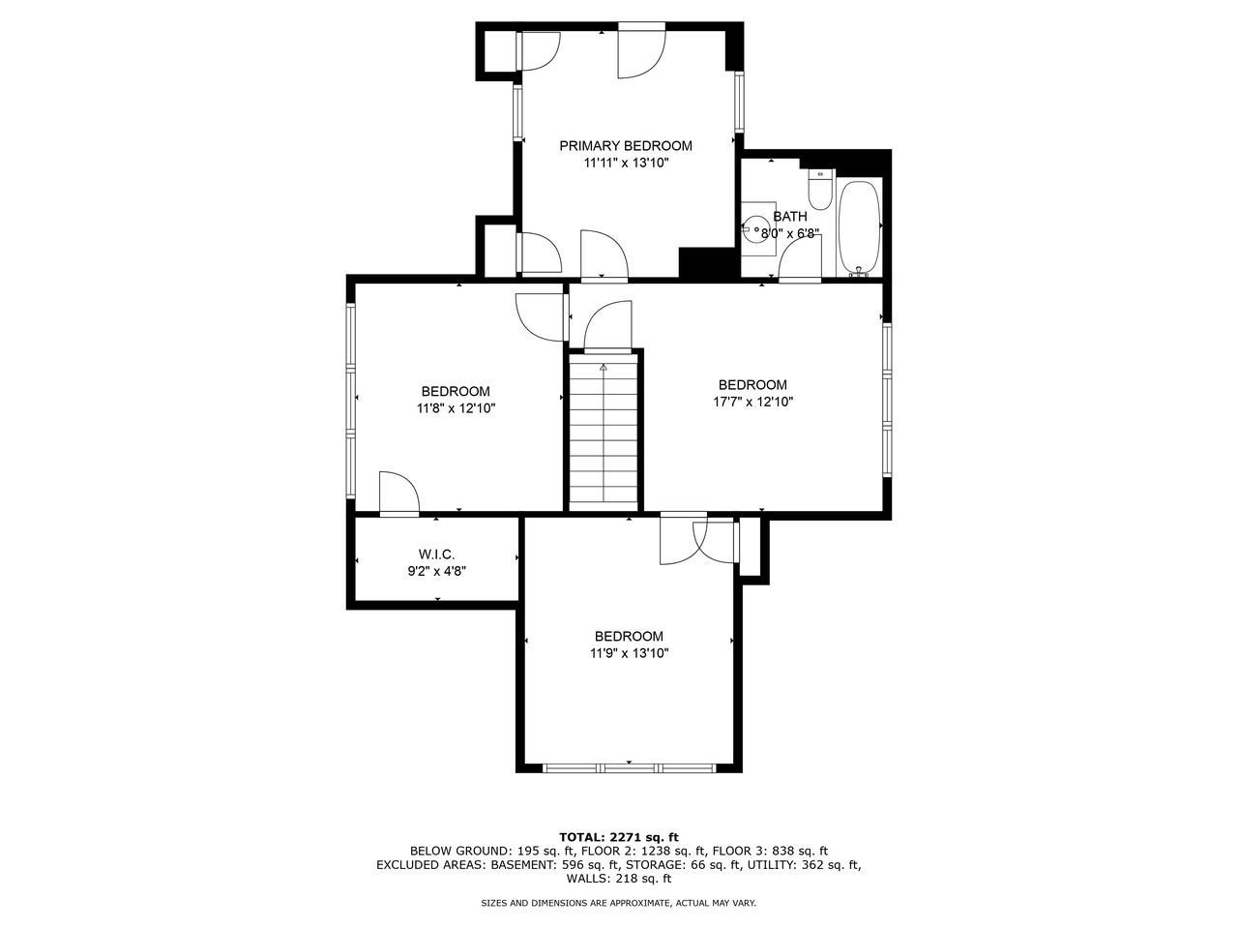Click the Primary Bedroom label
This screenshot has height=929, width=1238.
(x=626, y=146)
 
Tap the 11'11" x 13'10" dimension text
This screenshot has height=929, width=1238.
(x=626, y=164)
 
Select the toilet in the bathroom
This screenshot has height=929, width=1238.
(x=820, y=190)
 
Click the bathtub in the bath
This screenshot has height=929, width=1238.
(x=859, y=226)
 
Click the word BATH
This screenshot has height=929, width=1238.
(x=789, y=217)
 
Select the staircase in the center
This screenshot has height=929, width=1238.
(x=604, y=431)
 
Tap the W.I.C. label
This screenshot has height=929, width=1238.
(x=436, y=554)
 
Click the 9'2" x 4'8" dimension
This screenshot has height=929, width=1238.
(x=436, y=571)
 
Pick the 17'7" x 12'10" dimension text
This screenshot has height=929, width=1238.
(x=752, y=402)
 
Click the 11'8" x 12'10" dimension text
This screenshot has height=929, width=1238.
(x=456, y=408)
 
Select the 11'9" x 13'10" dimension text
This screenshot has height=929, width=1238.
(x=629, y=653)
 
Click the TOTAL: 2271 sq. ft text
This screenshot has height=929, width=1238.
(x=619, y=836)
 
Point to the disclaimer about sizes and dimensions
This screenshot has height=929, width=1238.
(x=619, y=903)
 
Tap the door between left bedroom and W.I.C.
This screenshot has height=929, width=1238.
(x=398, y=494)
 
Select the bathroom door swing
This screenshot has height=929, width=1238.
(x=801, y=258)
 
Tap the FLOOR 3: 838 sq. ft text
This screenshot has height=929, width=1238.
(x=771, y=851)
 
